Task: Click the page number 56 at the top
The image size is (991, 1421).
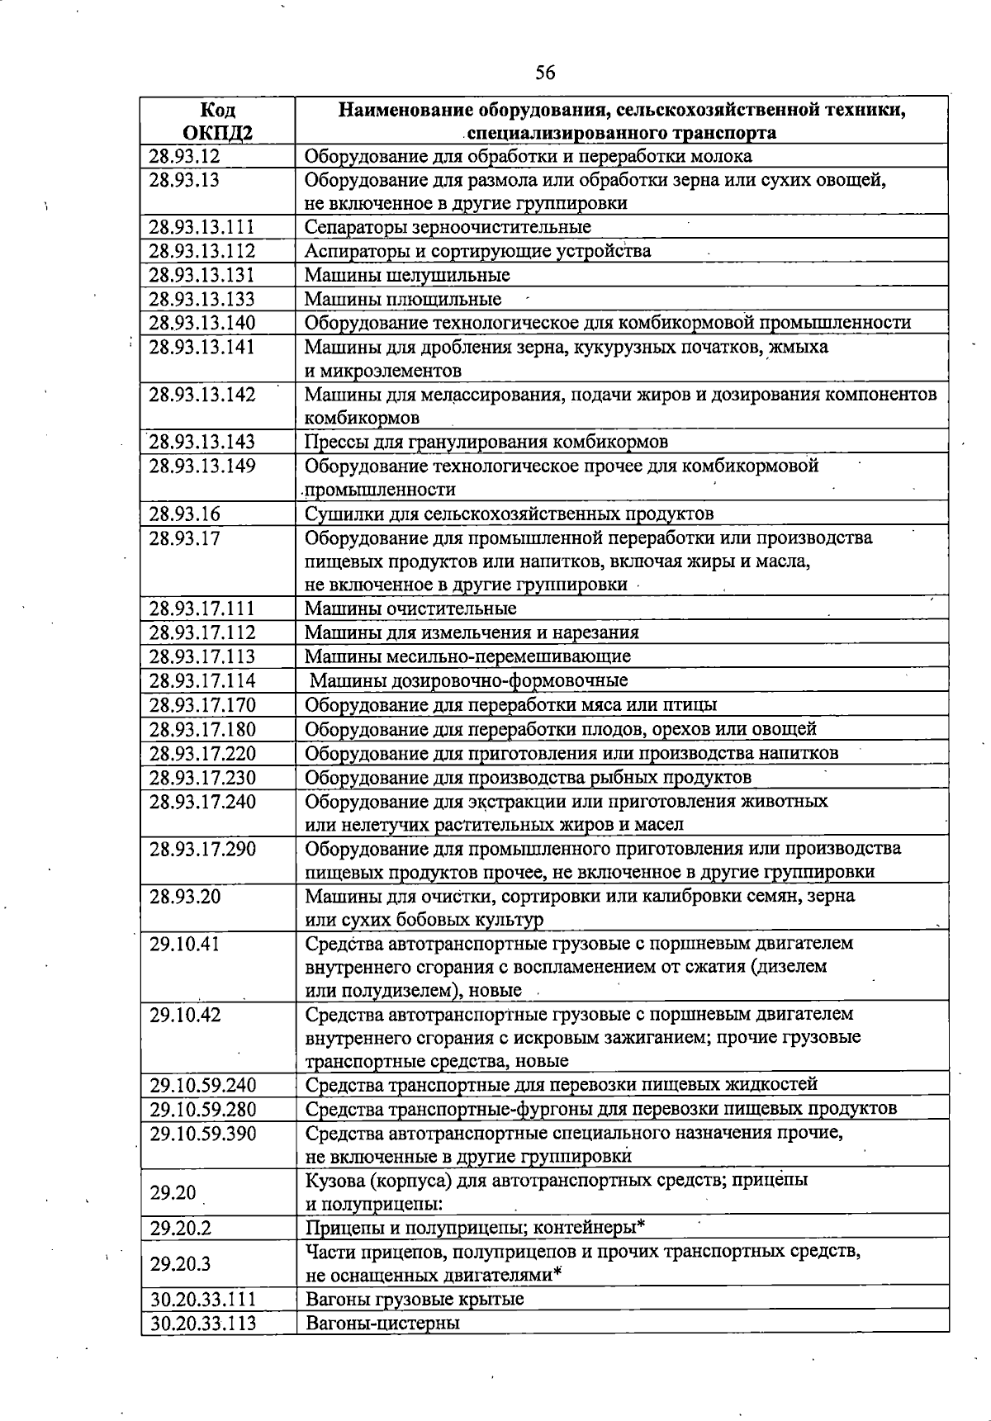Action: click(544, 73)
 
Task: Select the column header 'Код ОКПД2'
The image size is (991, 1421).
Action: click(217, 121)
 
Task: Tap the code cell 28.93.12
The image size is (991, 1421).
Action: click(185, 156)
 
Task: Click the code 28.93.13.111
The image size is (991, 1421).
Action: click(202, 227)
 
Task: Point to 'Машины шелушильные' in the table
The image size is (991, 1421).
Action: click(407, 275)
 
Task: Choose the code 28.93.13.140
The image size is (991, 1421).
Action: click(202, 323)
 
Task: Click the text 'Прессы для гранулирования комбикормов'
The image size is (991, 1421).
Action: click(486, 442)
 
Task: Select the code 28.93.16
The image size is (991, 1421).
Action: click(185, 514)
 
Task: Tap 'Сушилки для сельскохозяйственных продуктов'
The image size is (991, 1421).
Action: click(510, 514)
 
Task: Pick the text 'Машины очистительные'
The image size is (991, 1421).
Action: click(410, 609)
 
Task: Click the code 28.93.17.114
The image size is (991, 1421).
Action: click(202, 680)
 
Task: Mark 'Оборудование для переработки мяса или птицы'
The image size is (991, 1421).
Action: click(511, 704)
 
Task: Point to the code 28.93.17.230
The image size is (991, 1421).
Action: click(202, 777)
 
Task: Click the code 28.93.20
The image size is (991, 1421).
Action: click(185, 896)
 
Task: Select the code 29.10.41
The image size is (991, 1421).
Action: click(185, 943)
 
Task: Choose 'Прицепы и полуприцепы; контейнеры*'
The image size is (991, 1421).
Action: click(475, 1228)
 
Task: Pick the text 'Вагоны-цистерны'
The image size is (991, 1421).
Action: click(382, 1324)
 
